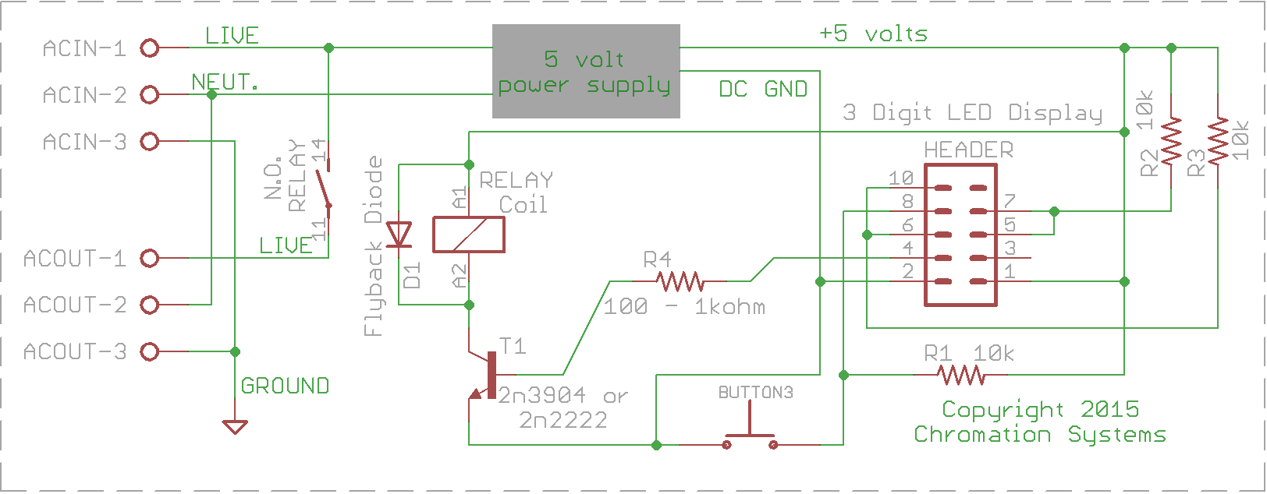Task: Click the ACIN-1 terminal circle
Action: pos(150,48)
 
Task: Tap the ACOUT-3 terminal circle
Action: pos(150,352)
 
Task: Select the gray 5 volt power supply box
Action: pos(586,72)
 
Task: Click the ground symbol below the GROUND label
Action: pos(235,426)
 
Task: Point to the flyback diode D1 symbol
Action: pos(399,235)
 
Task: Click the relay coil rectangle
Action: pos(469,235)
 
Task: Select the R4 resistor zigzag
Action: pos(680,281)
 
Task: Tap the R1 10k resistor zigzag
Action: pos(960,376)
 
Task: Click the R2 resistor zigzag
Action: pos(1171,141)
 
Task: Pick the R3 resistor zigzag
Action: pos(1218,141)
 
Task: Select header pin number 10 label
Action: pos(901,178)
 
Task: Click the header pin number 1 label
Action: pos(1010,271)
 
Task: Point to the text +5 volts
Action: pos(874,34)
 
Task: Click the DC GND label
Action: pos(763,89)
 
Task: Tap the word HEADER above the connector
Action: pos(969,150)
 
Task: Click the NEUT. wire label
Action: pos(225,82)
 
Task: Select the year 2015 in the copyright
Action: pos(1109,409)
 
